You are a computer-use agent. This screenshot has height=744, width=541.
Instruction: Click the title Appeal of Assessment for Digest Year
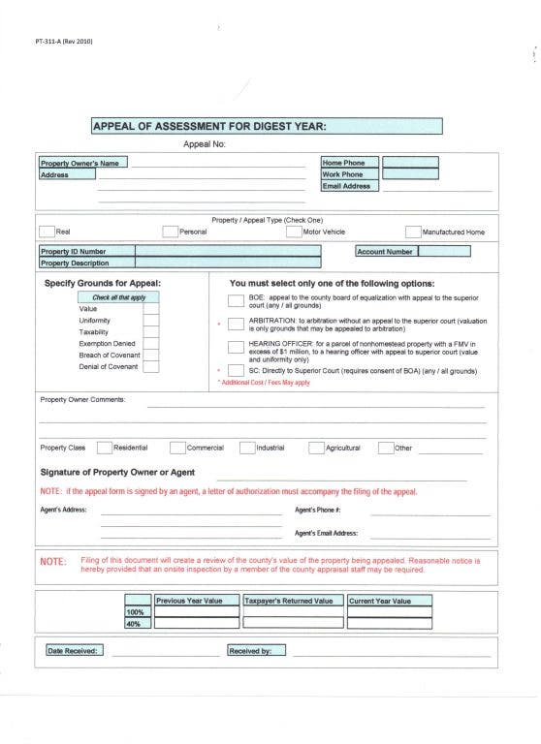tap(208, 126)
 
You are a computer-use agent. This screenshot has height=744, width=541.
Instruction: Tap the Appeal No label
tap(205, 145)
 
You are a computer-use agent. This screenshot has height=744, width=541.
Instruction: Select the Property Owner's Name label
tap(82, 163)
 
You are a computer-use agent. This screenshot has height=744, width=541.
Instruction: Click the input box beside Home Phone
tap(410, 163)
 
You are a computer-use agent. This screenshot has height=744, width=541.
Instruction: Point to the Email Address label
tap(348, 186)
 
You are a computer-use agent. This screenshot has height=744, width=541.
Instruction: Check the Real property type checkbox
tap(47, 232)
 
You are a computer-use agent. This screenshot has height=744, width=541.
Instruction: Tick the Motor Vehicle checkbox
tap(295, 232)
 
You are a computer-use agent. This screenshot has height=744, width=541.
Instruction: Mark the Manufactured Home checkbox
tap(413, 232)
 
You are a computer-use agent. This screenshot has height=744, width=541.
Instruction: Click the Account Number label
tap(386, 252)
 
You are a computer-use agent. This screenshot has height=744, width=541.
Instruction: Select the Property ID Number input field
tap(228, 252)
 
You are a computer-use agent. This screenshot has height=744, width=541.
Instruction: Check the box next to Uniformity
tap(151, 321)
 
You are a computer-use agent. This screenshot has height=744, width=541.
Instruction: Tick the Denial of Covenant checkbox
tap(151, 366)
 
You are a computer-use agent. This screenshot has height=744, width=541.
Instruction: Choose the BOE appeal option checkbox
tap(236, 300)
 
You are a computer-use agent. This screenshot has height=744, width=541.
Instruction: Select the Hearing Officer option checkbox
tap(236, 347)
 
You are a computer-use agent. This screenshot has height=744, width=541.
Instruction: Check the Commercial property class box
tap(177, 448)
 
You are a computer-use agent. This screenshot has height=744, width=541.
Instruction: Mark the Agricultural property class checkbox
tap(316, 448)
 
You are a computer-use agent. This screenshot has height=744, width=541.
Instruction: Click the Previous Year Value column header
tap(190, 601)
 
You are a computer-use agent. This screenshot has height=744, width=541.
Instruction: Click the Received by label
tap(249, 651)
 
